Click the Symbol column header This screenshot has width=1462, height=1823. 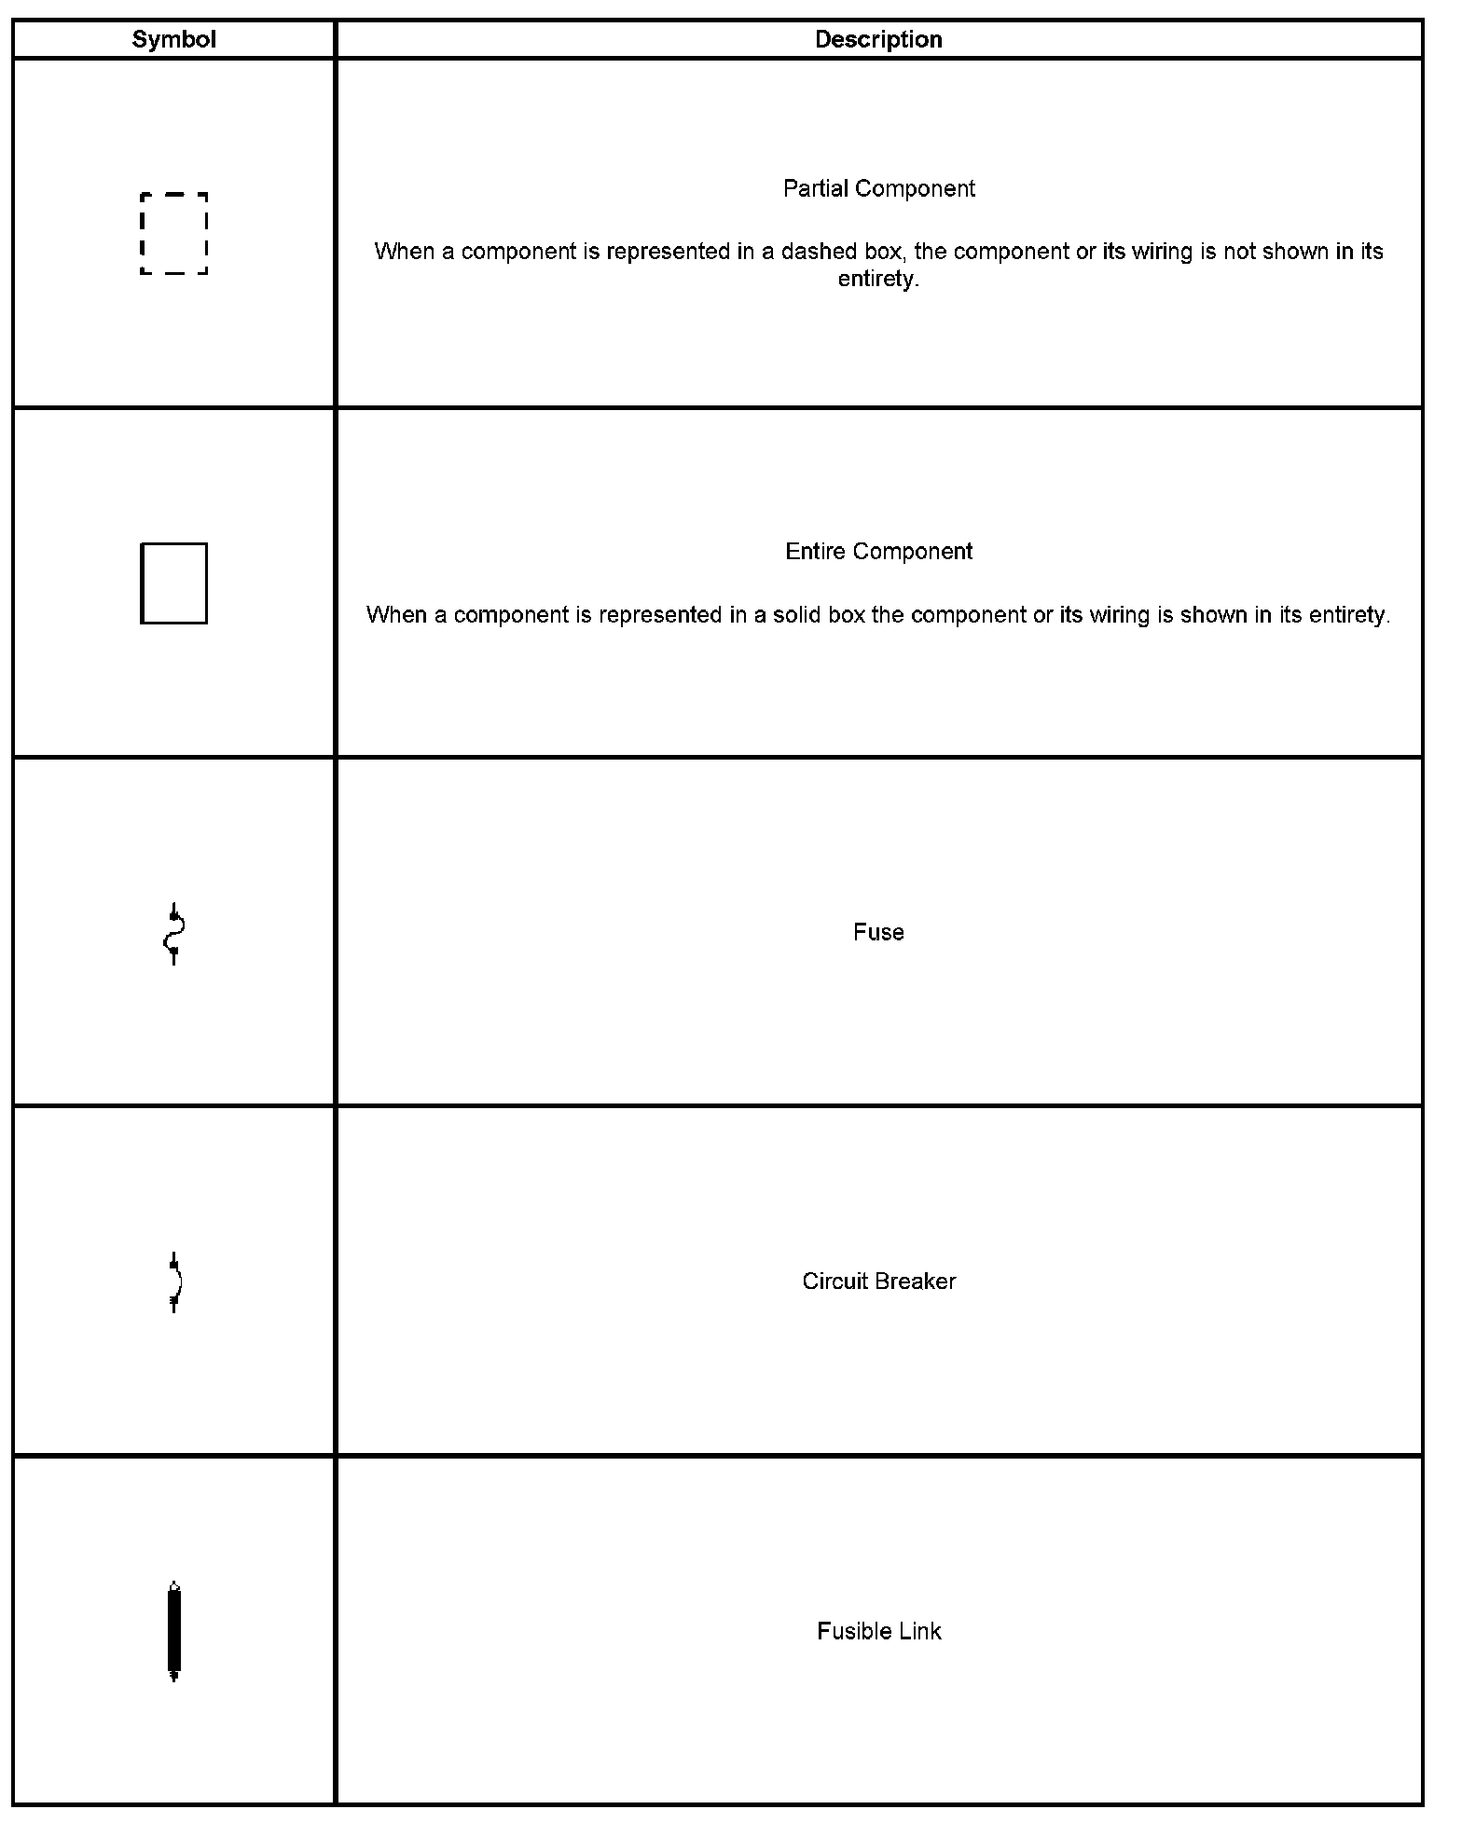(x=173, y=39)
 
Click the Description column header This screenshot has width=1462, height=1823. (x=878, y=39)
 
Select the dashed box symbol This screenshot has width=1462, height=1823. (x=173, y=234)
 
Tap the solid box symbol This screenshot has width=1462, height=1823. (x=173, y=583)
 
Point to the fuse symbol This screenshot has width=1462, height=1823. (x=173, y=933)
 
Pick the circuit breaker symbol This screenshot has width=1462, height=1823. (x=174, y=1282)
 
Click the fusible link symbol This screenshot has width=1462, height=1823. (x=173, y=1631)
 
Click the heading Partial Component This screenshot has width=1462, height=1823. (x=878, y=188)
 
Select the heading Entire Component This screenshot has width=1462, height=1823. (x=878, y=552)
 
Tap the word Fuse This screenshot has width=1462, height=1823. (x=878, y=932)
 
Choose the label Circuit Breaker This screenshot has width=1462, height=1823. (x=878, y=1282)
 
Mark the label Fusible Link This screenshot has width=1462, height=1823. (x=878, y=1631)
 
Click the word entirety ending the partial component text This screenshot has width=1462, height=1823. (x=877, y=280)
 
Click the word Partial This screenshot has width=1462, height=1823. (x=814, y=188)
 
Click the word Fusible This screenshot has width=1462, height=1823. (x=847, y=1631)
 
